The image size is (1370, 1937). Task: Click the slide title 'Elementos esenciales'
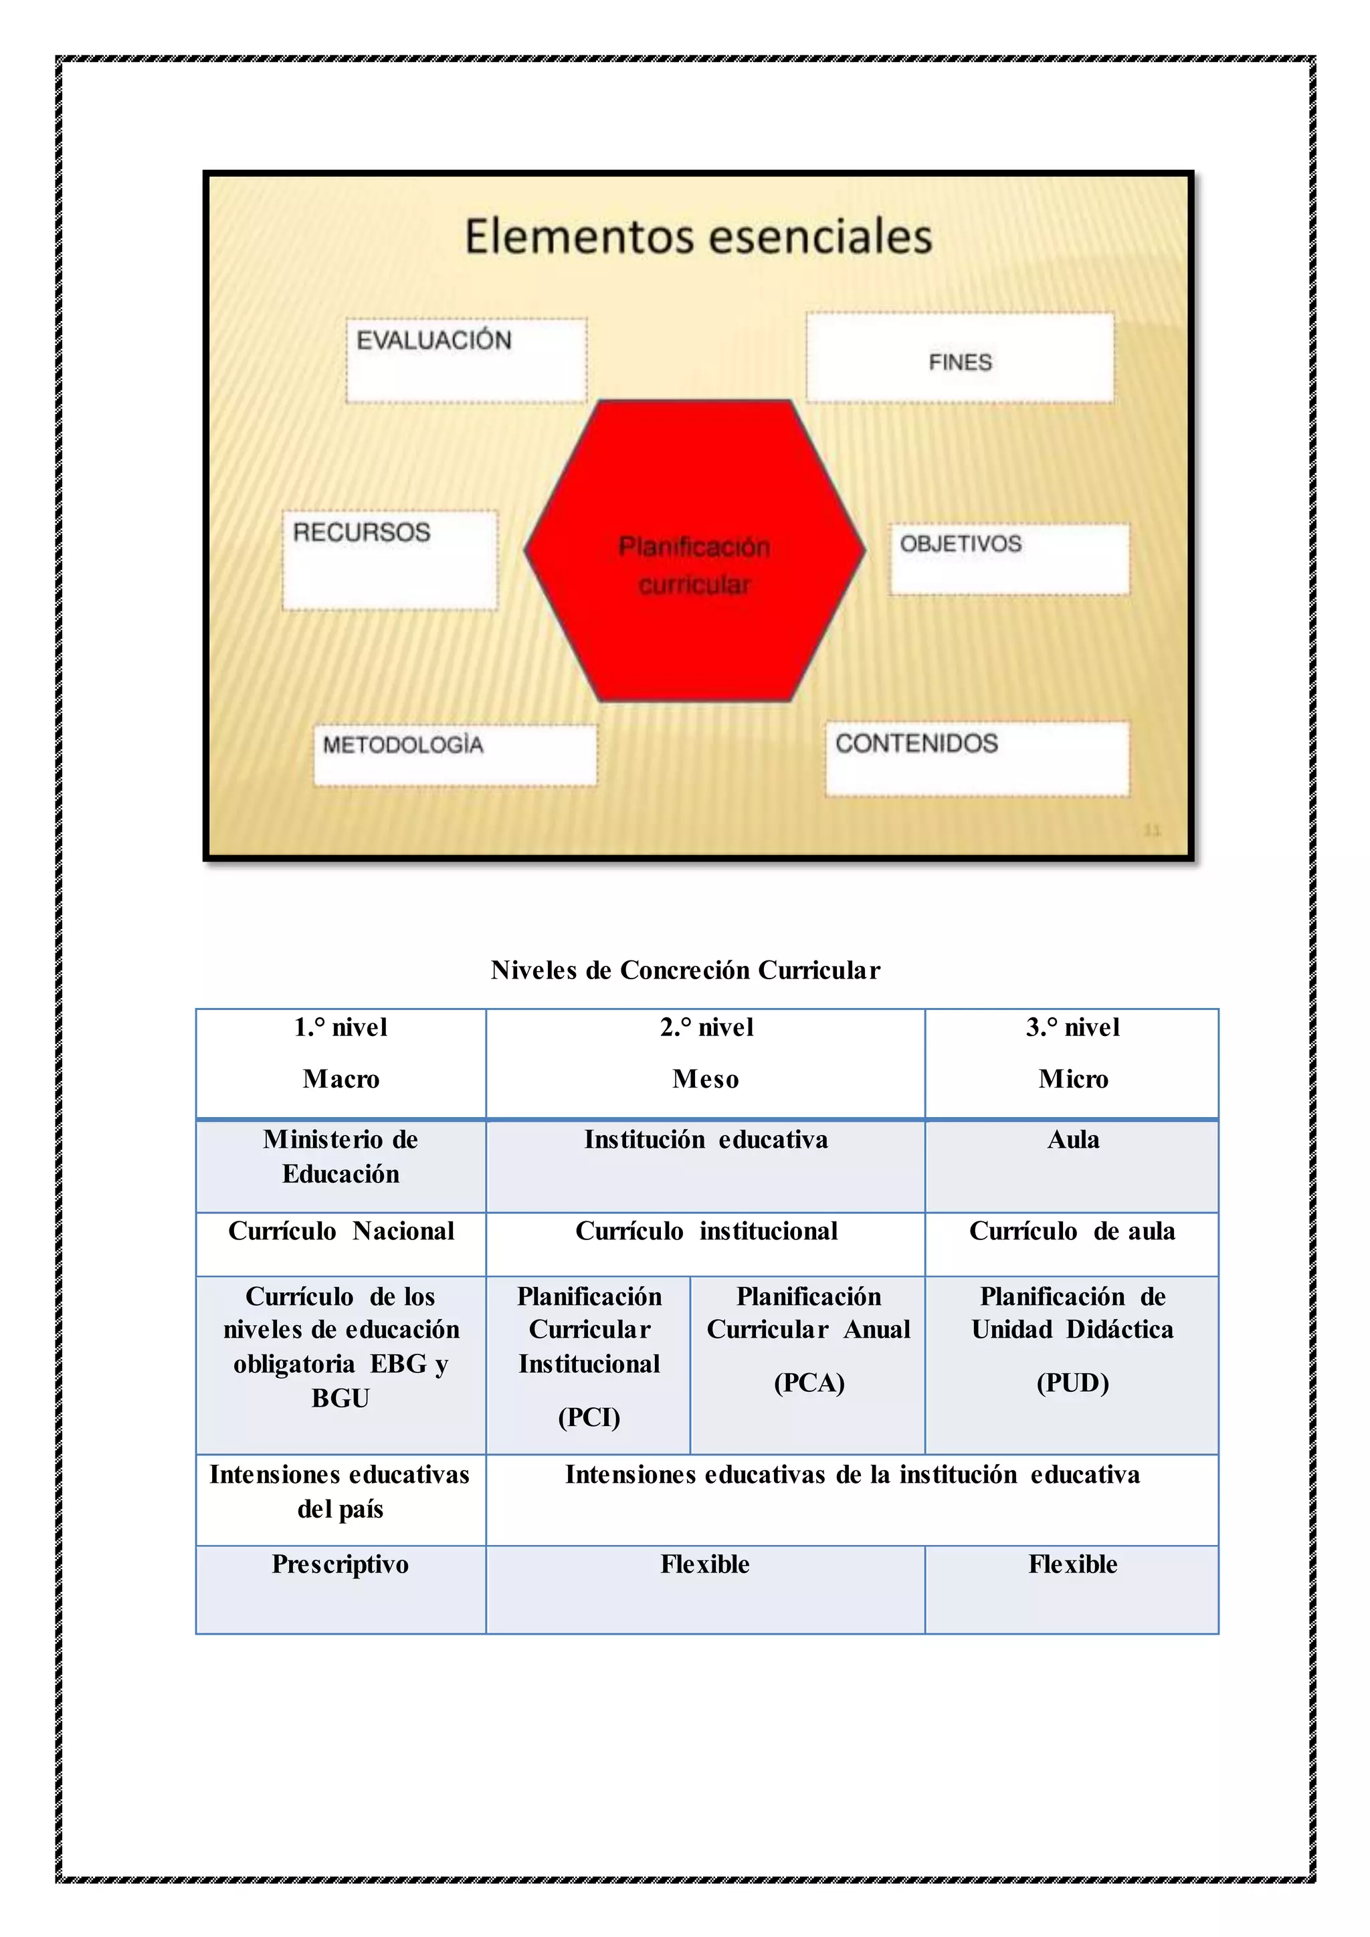(x=698, y=235)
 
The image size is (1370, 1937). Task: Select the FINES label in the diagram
(x=960, y=362)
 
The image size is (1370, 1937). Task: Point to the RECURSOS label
(x=361, y=532)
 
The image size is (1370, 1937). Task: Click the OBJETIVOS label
(x=960, y=544)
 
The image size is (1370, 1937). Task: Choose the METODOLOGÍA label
(x=403, y=745)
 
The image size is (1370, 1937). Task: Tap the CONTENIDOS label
(x=916, y=743)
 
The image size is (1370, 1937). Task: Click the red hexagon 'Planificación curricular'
(x=694, y=565)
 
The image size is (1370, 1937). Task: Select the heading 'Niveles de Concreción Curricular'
(x=685, y=971)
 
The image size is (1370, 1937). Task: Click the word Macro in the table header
(x=340, y=1079)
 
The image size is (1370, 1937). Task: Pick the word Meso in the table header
(x=705, y=1079)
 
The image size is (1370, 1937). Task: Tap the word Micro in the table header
(x=1073, y=1079)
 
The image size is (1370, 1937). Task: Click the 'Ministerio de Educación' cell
(x=340, y=1156)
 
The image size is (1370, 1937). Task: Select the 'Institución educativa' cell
(x=705, y=1140)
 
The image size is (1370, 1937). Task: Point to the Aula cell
(x=1073, y=1140)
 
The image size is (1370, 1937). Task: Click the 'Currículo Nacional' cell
(x=340, y=1231)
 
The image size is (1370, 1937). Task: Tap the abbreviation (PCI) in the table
(x=589, y=1417)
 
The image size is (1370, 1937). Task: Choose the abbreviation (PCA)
(x=809, y=1383)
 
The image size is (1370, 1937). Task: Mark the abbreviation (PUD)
(x=1072, y=1383)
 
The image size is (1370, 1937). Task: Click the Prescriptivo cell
(x=340, y=1564)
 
